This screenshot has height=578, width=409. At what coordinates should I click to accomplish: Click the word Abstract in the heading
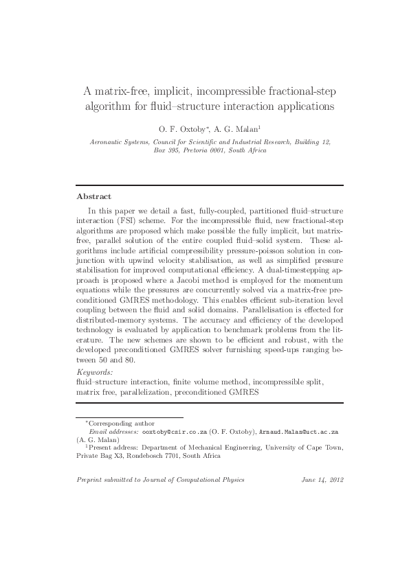tap(93, 196)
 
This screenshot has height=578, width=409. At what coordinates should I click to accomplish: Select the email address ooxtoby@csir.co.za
tap(175, 432)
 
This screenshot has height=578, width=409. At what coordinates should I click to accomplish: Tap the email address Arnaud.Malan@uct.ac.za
tap(300, 432)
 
